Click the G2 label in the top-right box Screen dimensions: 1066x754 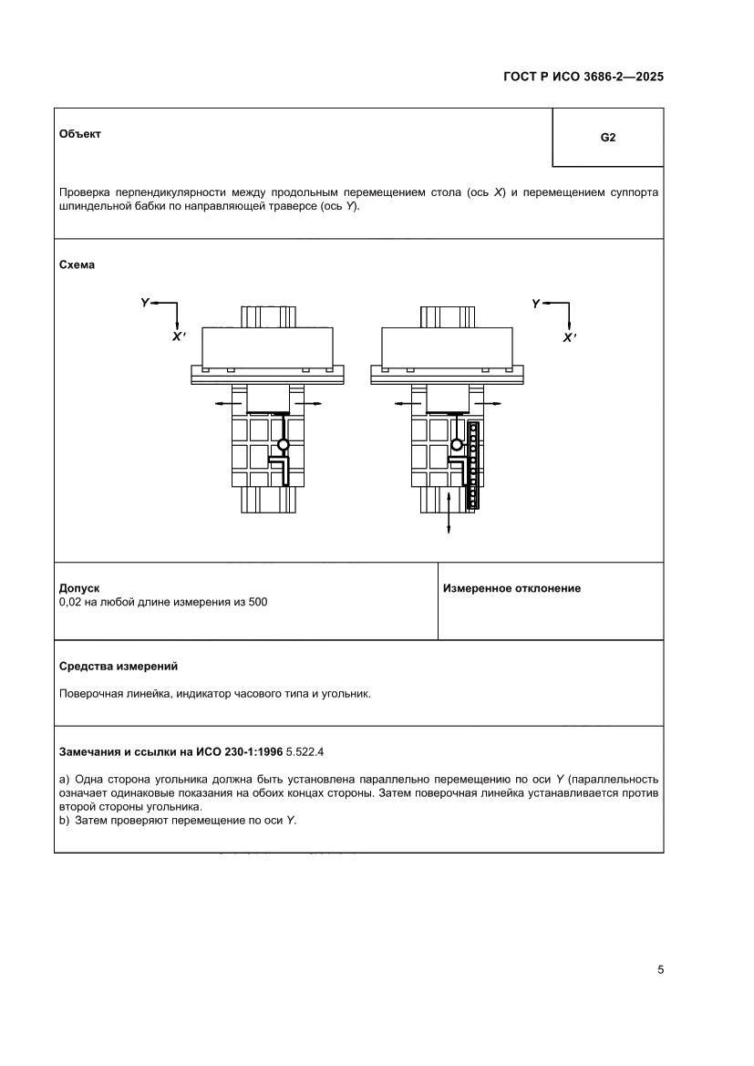point(608,139)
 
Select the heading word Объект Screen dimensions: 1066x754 point(79,133)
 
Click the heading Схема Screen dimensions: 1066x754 point(77,264)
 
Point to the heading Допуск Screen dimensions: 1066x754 point(78,588)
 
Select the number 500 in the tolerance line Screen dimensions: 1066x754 point(257,602)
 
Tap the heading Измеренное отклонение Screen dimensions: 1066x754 point(511,588)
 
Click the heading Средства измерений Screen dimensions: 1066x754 point(118,666)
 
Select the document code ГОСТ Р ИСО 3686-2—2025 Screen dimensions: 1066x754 point(584,78)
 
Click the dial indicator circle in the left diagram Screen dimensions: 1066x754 point(283,445)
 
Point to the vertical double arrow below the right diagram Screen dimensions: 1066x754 point(449,513)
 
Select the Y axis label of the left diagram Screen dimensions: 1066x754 point(145,302)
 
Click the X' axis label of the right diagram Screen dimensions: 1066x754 point(570,336)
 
